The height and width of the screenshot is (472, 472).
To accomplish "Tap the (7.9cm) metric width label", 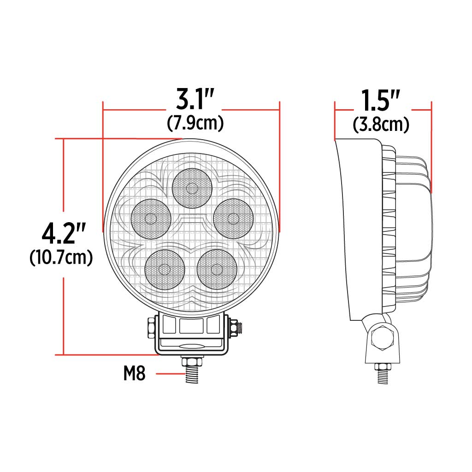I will [195, 123].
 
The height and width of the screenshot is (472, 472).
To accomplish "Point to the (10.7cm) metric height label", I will [61, 257].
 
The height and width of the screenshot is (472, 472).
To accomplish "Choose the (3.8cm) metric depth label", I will [381, 124].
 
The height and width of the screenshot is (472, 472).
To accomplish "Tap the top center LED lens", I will [192, 188].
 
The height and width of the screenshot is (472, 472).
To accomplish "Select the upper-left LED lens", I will [151, 218].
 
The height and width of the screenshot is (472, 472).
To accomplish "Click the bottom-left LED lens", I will [165, 269].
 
